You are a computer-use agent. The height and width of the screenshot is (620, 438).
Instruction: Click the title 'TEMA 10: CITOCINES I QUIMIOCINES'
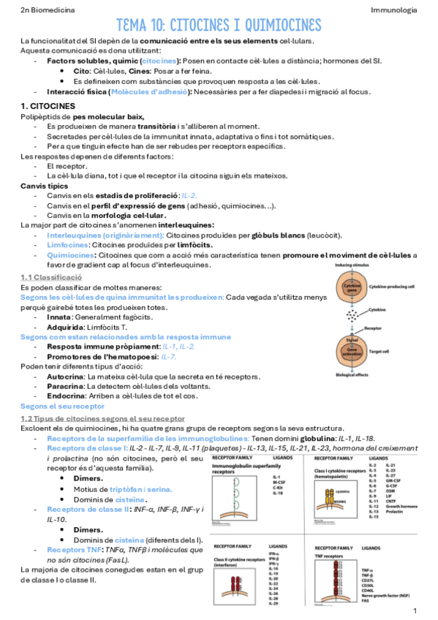point(219,26)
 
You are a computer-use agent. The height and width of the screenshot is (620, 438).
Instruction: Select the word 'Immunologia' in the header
point(393,10)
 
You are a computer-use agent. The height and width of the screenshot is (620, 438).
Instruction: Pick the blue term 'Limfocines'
point(67,246)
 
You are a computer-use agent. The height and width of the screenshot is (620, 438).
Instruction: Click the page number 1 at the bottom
point(415,610)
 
